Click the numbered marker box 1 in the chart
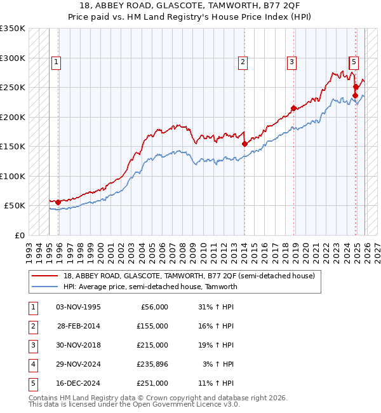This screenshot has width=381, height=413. (x=57, y=62)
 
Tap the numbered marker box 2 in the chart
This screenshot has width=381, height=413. (x=243, y=62)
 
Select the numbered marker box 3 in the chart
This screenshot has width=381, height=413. (x=291, y=62)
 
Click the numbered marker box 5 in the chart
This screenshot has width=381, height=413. (x=354, y=62)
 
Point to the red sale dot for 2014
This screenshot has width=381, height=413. (x=244, y=144)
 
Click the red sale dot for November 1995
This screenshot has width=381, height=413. (x=58, y=202)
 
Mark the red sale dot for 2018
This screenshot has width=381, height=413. (x=293, y=108)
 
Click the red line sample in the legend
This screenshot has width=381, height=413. (x=45, y=276)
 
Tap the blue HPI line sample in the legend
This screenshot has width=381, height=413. (x=45, y=287)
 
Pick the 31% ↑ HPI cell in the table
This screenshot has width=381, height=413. (x=216, y=307)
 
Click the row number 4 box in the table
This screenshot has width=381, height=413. (x=32, y=364)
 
